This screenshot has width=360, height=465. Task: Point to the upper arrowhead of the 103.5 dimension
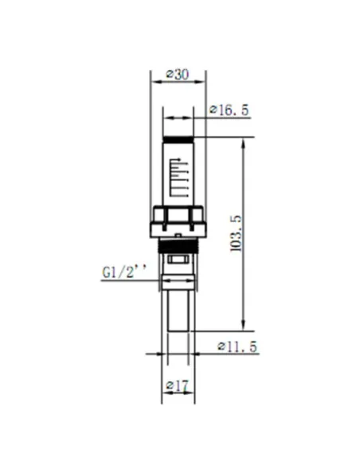pos(243,143)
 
